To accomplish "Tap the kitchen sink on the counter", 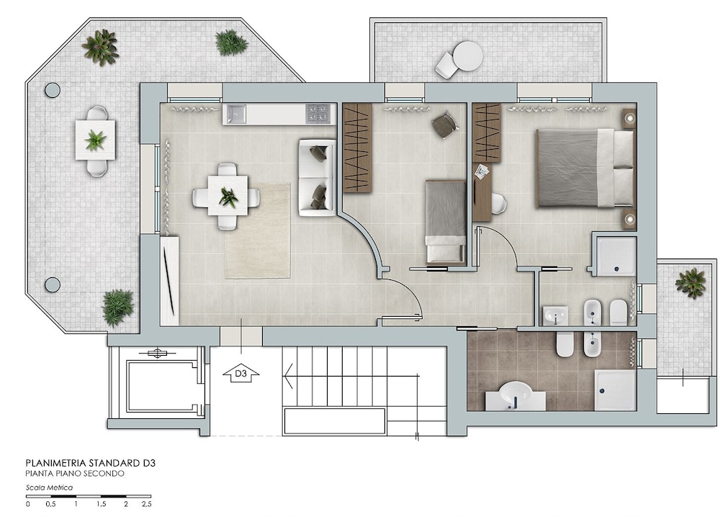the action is (x=235, y=114).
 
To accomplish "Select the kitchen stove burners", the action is (x=318, y=114).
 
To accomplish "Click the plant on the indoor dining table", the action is (x=228, y=197).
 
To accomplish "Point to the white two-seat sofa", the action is (x=318, y=177).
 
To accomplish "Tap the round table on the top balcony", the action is (x=467, y=56).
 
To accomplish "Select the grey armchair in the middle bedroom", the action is (x=444, y=125).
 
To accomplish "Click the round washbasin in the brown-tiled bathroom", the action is (x=516, y=393).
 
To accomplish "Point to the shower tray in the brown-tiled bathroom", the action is (x=616, y=390).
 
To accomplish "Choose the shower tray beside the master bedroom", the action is (x=616, y=256).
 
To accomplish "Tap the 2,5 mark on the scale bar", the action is (x=146, y=504).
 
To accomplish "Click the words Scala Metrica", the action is (x=49, y=487).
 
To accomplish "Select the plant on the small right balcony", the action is (x=690, y=283).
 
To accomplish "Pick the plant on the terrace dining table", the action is (x=95, y=140).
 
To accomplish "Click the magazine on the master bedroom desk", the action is (x=481, y=171).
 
